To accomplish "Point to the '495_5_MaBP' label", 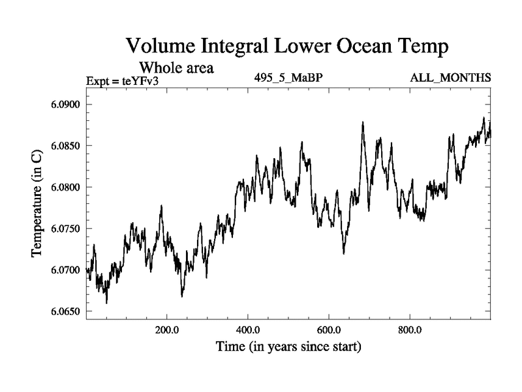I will click(288, 78).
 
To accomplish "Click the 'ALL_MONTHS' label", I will click(450, 78).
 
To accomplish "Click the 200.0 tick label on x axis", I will click(167, 329).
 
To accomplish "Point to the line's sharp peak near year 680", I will click(362, 122).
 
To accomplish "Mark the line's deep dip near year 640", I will click(344, 253).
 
